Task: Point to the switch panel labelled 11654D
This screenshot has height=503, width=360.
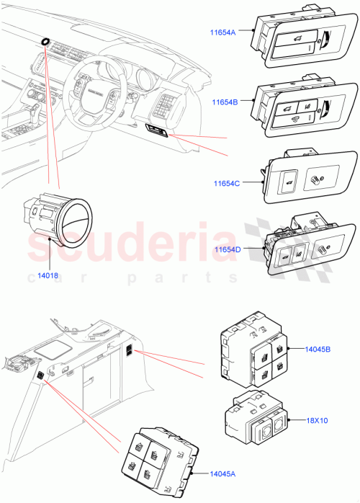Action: click(306, 247)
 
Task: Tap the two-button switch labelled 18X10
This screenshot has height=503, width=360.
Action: click(256, 423)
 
